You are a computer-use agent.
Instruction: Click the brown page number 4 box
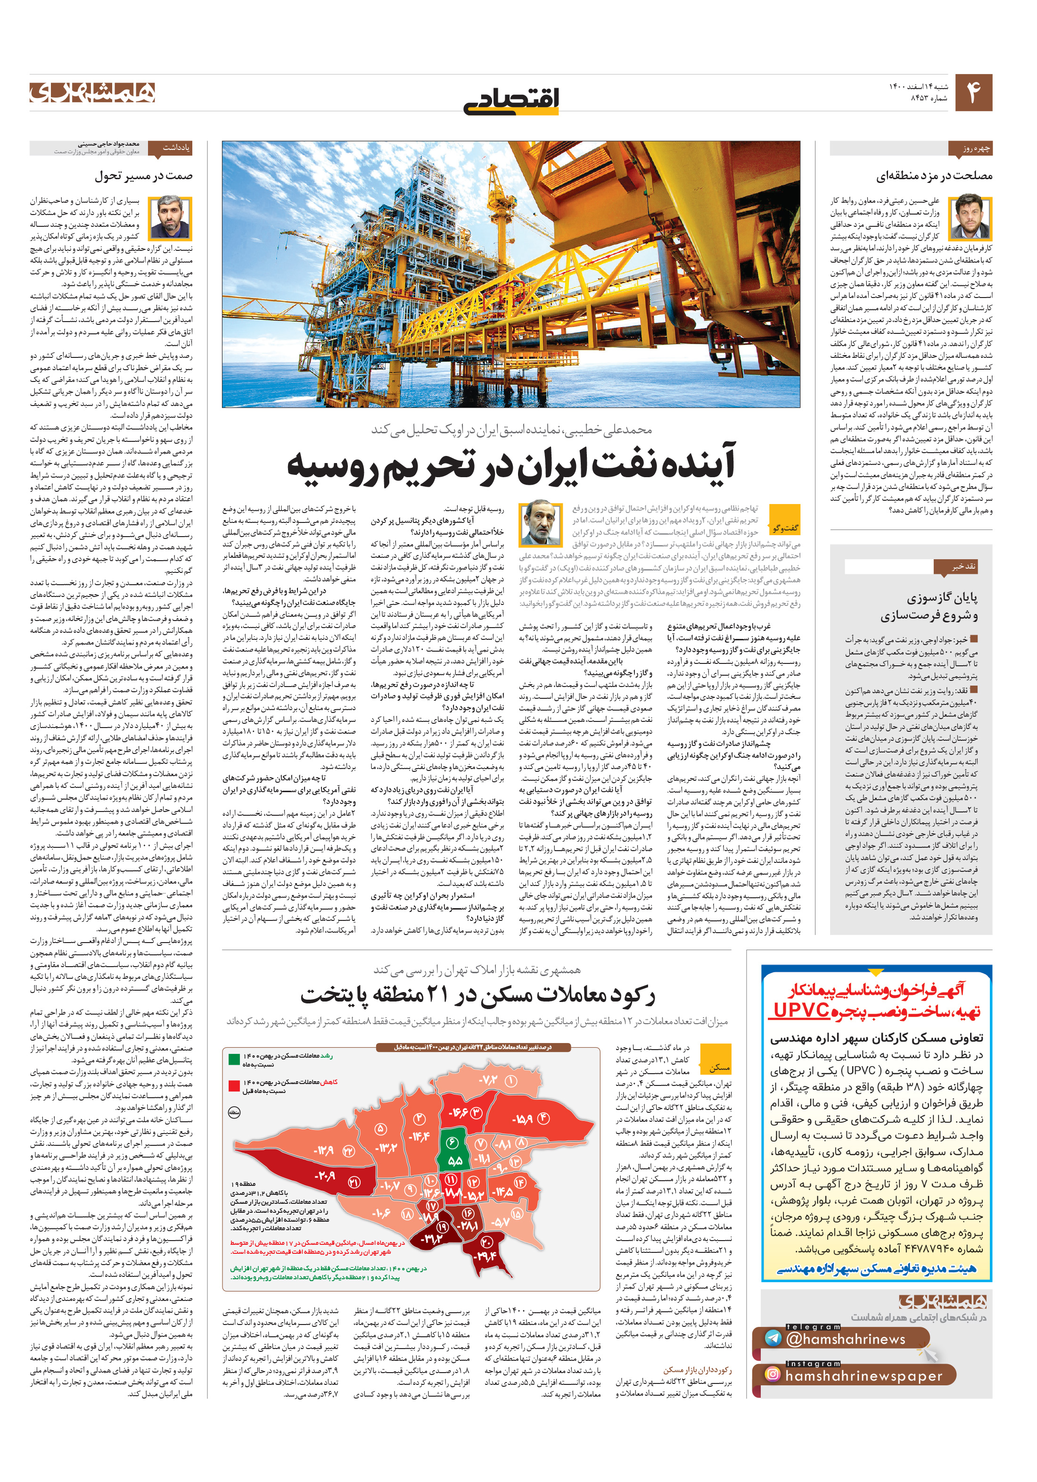(973, 93)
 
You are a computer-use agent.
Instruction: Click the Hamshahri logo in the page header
(92, 92)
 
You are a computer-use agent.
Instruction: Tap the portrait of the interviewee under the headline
(539, 523)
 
